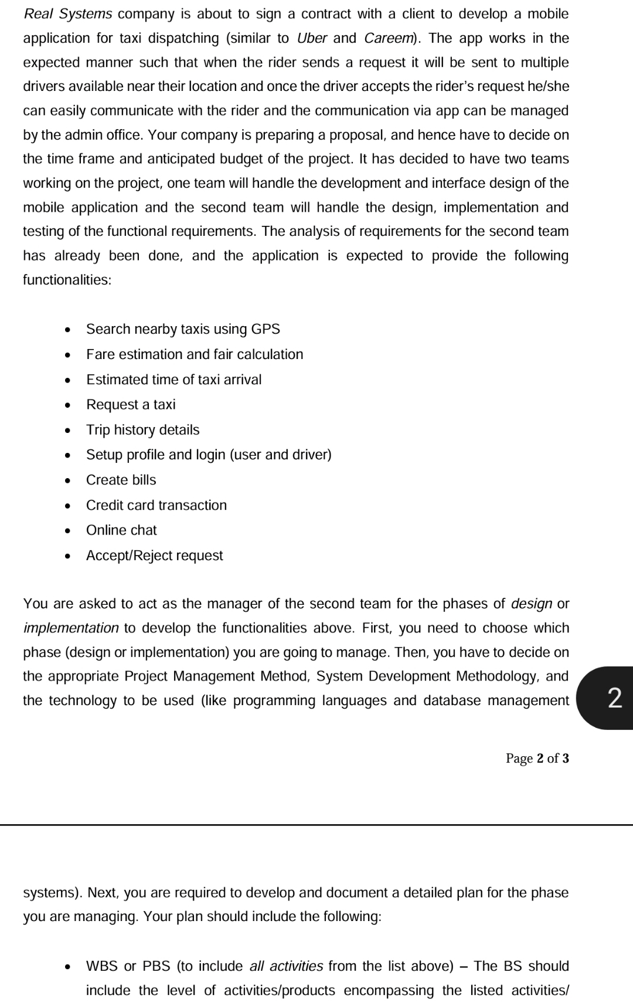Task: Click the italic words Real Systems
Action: (68, 13)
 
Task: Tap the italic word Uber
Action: (312, 38)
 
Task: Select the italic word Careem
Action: (389, 38)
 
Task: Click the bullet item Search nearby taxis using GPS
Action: (183, 329)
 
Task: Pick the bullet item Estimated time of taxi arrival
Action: (173, 380)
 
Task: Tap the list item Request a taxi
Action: (131, 404)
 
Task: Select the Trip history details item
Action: (142, 429)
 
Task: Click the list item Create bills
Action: (121, 480)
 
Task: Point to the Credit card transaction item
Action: (156, 505)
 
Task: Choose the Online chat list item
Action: (121, 530)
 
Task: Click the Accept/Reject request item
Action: (154, 556)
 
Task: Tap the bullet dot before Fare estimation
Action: (69, 355)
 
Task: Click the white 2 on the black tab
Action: (614, 698)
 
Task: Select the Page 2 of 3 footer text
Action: (537, 759)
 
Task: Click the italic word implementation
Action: (71, 628)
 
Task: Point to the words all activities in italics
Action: (286, 966)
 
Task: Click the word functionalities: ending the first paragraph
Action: (67, 280)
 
